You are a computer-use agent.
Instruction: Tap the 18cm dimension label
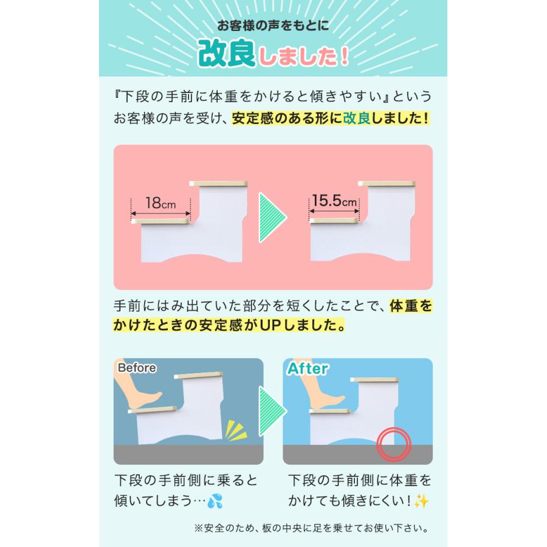pos(160,203)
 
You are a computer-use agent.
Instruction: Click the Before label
pos(137,368)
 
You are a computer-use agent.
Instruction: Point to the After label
pos(308,368)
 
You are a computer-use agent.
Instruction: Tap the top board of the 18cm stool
pos(219,183)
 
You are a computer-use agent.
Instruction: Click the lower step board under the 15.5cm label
pos(334,220)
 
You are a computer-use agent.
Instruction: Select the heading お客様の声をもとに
pos(273,27)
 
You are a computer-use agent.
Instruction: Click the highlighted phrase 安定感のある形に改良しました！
pos(330,118)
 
